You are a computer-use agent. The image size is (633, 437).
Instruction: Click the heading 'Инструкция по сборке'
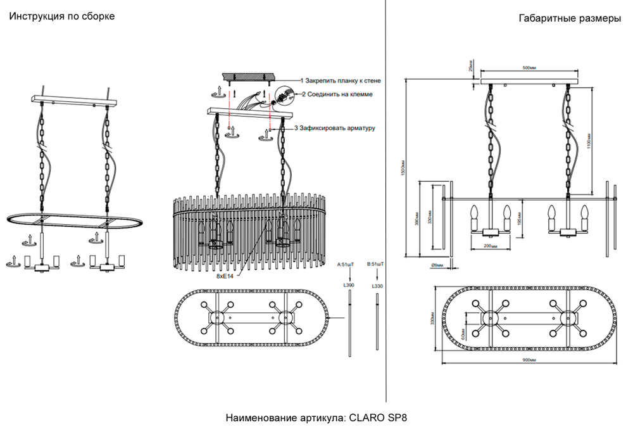[x=61, y=16]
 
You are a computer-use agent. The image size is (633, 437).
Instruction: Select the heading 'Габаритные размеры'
[x=570, y=18]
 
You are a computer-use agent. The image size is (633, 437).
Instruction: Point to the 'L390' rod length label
[x=348, y=286]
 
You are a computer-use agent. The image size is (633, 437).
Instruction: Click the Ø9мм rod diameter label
[x=437, y=264]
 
